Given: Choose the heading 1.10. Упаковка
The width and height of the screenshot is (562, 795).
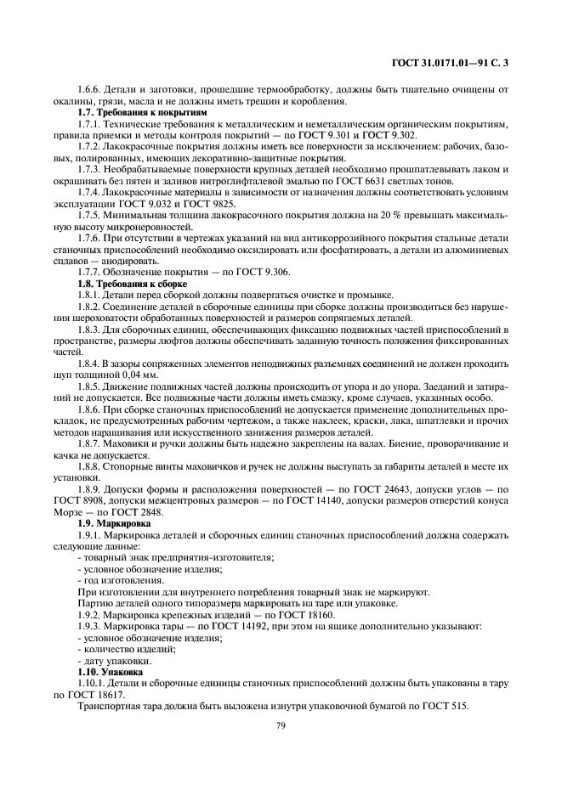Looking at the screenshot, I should (111, 671).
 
